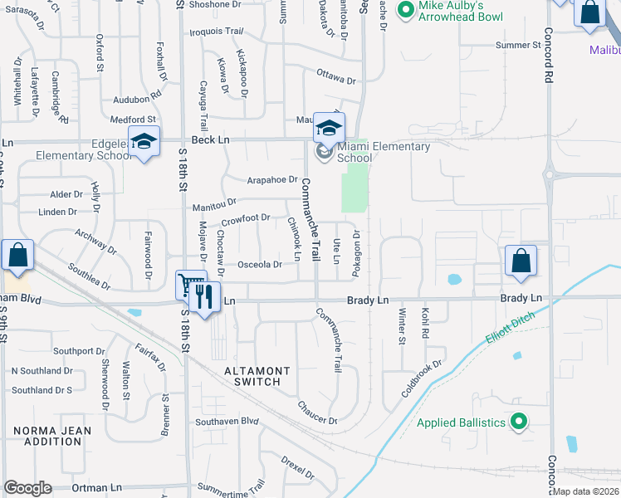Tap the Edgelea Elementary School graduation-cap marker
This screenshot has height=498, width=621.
(144, 141)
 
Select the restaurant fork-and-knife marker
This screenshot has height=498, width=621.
(206, 295)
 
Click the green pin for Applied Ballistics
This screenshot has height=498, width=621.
(519, 422)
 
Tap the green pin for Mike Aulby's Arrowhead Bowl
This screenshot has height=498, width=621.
(405, 10)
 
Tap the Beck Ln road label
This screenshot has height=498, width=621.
(210, 140)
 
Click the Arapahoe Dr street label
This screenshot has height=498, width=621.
(272, 179)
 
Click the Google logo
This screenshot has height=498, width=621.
(27, 488)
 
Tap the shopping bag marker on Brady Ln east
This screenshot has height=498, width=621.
(520, 261)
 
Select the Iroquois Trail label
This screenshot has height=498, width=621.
(217, 32)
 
